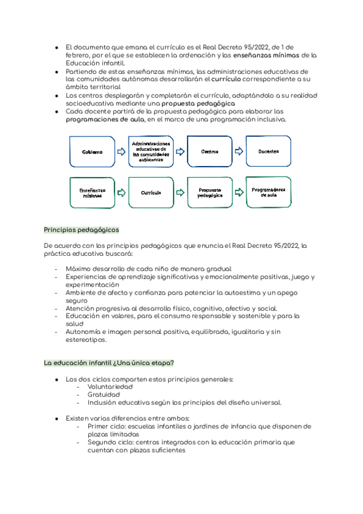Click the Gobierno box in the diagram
(x=93, y=152)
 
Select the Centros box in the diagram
(x=209, y=152)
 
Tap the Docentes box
(x=267, y=152)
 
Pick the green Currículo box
(x=151, y=193)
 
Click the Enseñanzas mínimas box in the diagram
(x=93, y=193)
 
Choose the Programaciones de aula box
(x=267, y=192)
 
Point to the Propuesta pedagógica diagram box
(x=209, y=193)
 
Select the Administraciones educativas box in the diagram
(x=151, y=152)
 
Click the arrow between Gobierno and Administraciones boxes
(x=122, y=152)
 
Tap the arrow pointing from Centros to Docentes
(x=238, y=152)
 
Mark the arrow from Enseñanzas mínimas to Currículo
(x=122, y=193)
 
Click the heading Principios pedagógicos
(x=82, y=230)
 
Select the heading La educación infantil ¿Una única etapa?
(x=110, y=362)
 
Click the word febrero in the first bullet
(x=79, y=55)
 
